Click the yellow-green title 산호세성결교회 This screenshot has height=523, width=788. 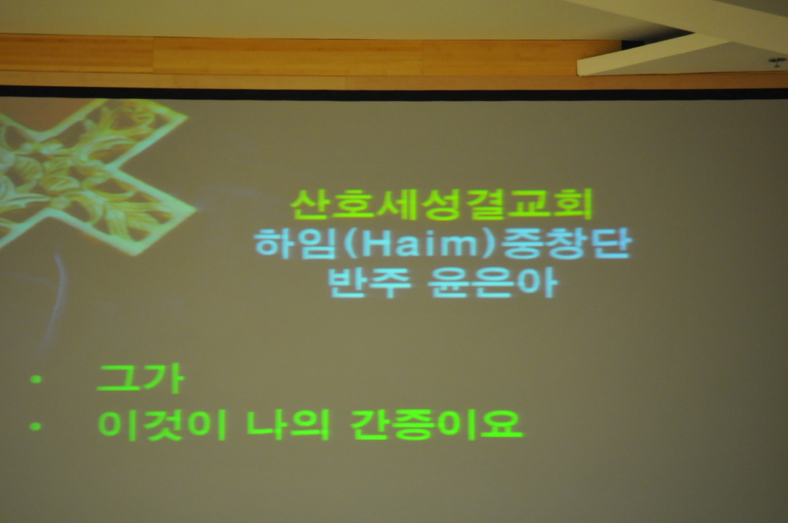[x=441, y=205]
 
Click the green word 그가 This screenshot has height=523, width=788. [x=140, y=378]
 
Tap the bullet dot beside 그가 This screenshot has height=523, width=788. [x=35, y=379]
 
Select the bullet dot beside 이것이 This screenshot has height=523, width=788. [x=35, y=427]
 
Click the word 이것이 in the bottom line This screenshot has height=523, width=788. [x=162, y=425]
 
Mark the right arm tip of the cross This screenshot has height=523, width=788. [x=195, y=207]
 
